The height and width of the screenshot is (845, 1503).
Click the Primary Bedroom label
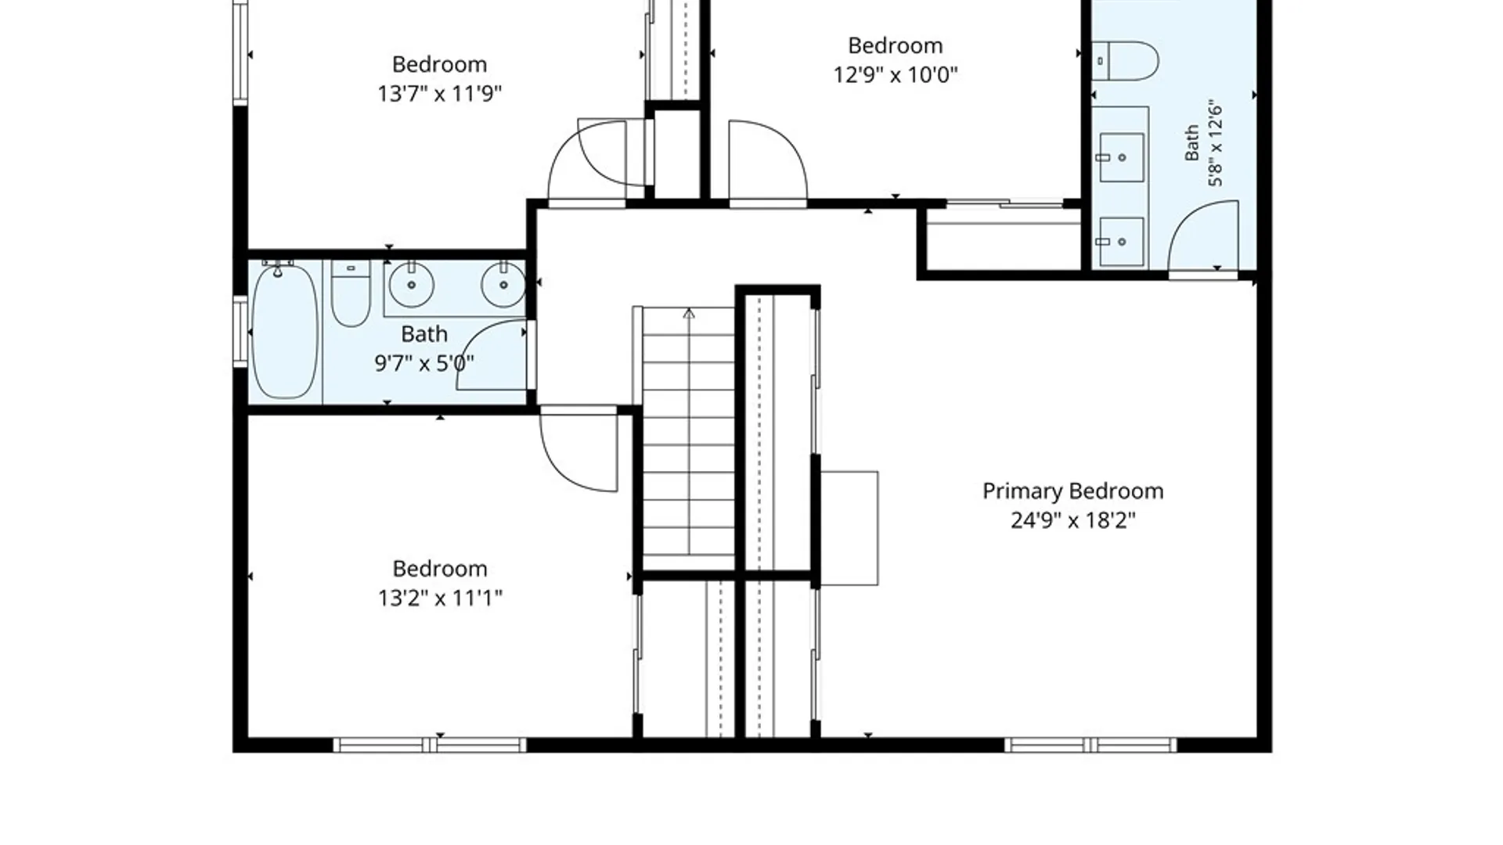pos(1072,491)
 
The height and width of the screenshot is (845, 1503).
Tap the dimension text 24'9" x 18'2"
pos(1072,520)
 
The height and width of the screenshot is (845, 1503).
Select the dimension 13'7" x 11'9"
pos(439,93)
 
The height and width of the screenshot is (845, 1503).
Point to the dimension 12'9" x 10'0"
pos(896,74)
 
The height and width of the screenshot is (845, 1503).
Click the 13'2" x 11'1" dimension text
pos(440,598)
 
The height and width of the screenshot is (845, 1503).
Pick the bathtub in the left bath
pos(285,332)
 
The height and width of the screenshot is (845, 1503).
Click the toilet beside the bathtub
pos(351,293)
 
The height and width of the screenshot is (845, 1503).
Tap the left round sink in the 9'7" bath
pos(411,285)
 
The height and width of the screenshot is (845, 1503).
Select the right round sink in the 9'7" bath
pos(503,285)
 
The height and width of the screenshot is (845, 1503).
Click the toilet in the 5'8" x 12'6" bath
pos(1125,61)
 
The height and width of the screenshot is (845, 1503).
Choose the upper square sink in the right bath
pos(1122,157)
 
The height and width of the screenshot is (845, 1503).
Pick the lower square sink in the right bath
pos(1122,242)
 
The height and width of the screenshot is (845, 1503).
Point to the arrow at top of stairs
pos(689,314)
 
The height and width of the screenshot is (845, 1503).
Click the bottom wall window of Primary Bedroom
pos(1090,745)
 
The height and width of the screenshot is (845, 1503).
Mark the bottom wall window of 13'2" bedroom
pos(430,745)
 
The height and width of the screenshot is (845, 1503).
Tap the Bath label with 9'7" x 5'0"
pos(424,334)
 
